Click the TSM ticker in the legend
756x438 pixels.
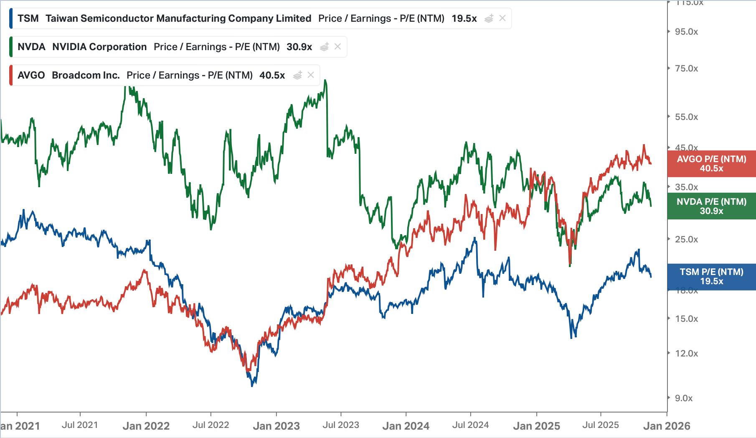28,18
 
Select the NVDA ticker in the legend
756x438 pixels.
31,47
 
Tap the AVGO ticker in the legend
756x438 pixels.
31,75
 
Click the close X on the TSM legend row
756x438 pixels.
502,18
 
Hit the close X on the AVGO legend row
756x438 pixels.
311,75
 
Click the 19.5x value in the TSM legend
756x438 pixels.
464,18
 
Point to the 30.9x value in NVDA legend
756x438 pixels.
299,47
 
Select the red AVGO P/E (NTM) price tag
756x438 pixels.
711,164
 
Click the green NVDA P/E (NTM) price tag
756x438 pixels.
711,206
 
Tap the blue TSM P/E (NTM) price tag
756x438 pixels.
711,277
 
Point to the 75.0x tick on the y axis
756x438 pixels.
686,69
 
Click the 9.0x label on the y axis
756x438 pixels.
684,398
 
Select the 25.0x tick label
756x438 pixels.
686,239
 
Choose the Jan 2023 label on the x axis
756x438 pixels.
276,426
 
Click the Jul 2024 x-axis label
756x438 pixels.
470,425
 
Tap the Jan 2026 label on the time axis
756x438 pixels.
667,426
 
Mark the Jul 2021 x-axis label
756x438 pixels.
80,425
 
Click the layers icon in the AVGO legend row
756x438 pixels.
297,75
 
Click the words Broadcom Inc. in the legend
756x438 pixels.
86,75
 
